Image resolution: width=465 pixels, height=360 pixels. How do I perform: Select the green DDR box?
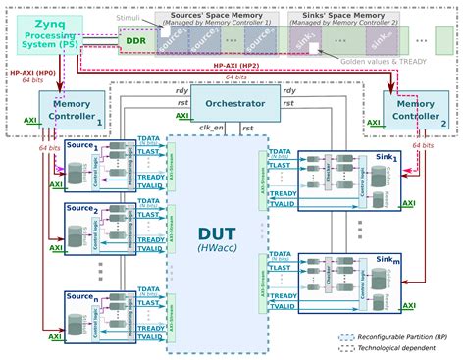coord(135,42)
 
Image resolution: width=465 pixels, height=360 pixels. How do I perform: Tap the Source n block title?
coord(81,294)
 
